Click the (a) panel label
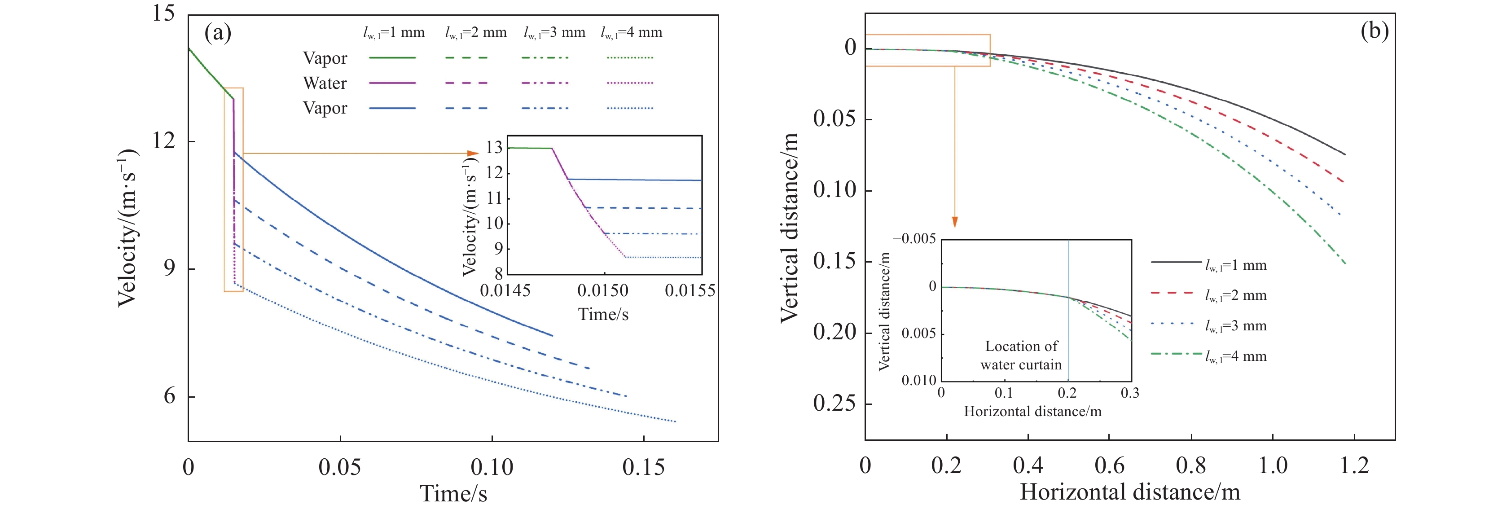point(217,33)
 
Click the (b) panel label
point(1375,31)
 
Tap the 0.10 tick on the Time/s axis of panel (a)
point(492,467)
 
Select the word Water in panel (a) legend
point(325,83)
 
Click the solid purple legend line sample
point(392,83)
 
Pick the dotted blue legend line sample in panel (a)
point(630,109)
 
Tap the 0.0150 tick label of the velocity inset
point(603,290)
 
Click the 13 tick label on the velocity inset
point(493,148)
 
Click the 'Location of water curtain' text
point(1021,355)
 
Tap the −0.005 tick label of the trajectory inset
point(913,238)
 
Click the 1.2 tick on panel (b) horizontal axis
point(1354,466)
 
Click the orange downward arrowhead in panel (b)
point(954,222)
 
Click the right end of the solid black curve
point(1344,154)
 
